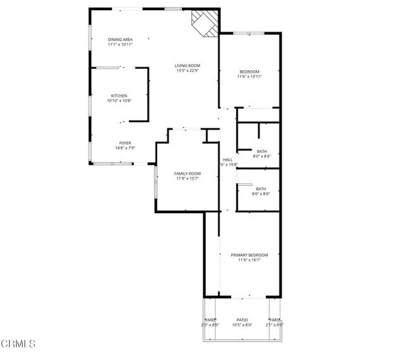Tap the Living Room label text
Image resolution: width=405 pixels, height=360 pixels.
(188, 66)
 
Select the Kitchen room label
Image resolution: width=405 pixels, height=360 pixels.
(119, 96)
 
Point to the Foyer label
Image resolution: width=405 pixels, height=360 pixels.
(125, 143)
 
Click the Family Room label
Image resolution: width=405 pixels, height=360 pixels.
(187, 173)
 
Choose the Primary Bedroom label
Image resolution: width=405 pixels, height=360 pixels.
(249, 255)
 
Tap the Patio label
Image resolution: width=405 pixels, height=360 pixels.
(242, 320)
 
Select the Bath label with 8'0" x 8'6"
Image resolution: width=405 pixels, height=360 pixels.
(261, 151)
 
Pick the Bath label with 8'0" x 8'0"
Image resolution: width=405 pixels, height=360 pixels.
(261, 189)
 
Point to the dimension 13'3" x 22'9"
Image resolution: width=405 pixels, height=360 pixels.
(188, 71)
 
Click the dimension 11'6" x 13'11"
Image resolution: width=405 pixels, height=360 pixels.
(249, 77)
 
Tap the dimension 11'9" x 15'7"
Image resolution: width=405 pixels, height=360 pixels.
(187, 178)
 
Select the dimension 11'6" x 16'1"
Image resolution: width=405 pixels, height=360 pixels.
(249, 260)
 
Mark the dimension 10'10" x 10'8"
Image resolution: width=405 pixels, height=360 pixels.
(119, 101)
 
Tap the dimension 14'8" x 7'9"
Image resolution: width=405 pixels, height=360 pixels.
(125, 148)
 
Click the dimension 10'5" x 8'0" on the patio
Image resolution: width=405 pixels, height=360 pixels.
(242, 325)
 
